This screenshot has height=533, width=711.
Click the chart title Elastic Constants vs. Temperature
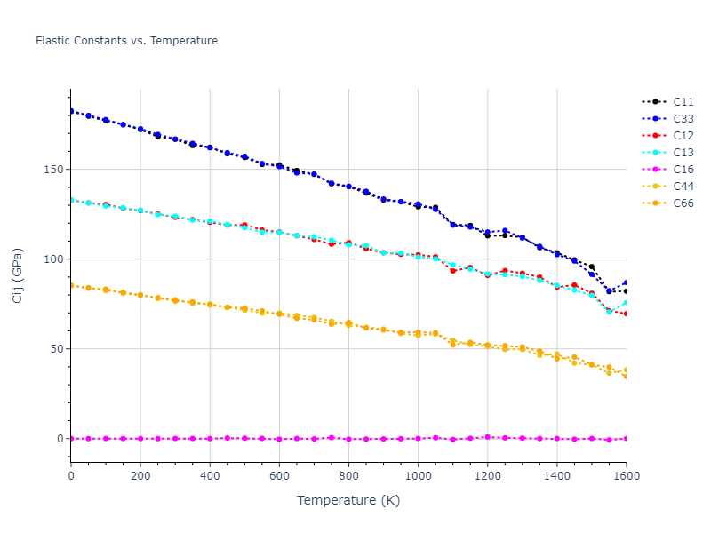point(126,41)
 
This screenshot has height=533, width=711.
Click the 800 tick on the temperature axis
point(348,476)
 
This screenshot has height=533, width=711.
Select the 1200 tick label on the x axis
point(487,476)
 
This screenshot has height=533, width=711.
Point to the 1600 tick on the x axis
point(626,476)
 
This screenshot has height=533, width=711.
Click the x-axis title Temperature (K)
point(348,501)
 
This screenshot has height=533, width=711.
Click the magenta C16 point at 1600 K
point(626,438)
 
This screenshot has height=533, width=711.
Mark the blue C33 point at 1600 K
point(626,282)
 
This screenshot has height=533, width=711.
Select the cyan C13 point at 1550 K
point(609,311)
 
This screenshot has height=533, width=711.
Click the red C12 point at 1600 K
point(626,314)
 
